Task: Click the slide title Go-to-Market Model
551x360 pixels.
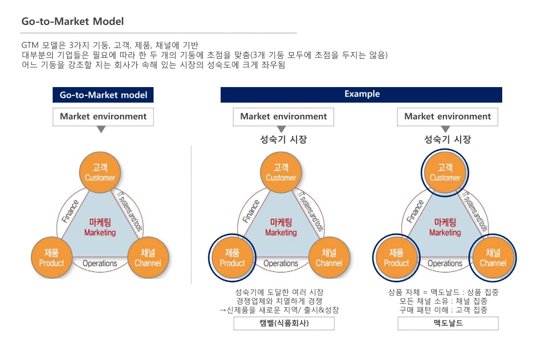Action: (x=72, y=22)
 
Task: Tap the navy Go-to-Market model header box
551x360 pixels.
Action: (x=103, y=95)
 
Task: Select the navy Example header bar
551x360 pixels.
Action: (x=361, y=94)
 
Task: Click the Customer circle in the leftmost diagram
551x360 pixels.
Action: (x=100, y=172)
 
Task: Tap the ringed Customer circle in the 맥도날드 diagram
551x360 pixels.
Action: (x=445, y=172)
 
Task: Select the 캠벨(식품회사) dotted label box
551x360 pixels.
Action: (x=284, y=323)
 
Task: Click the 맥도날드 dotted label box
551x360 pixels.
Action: (x=448, y=323)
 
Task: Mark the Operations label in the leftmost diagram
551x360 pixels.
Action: (x=100, y=263)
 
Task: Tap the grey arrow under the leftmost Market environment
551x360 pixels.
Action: (x=101, y=130)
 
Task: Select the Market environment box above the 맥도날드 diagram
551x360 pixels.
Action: (x=447, y=116)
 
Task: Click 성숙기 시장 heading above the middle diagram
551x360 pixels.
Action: (x=283, y=139)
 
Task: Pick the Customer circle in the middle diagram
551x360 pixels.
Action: (x=280, y=172)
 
